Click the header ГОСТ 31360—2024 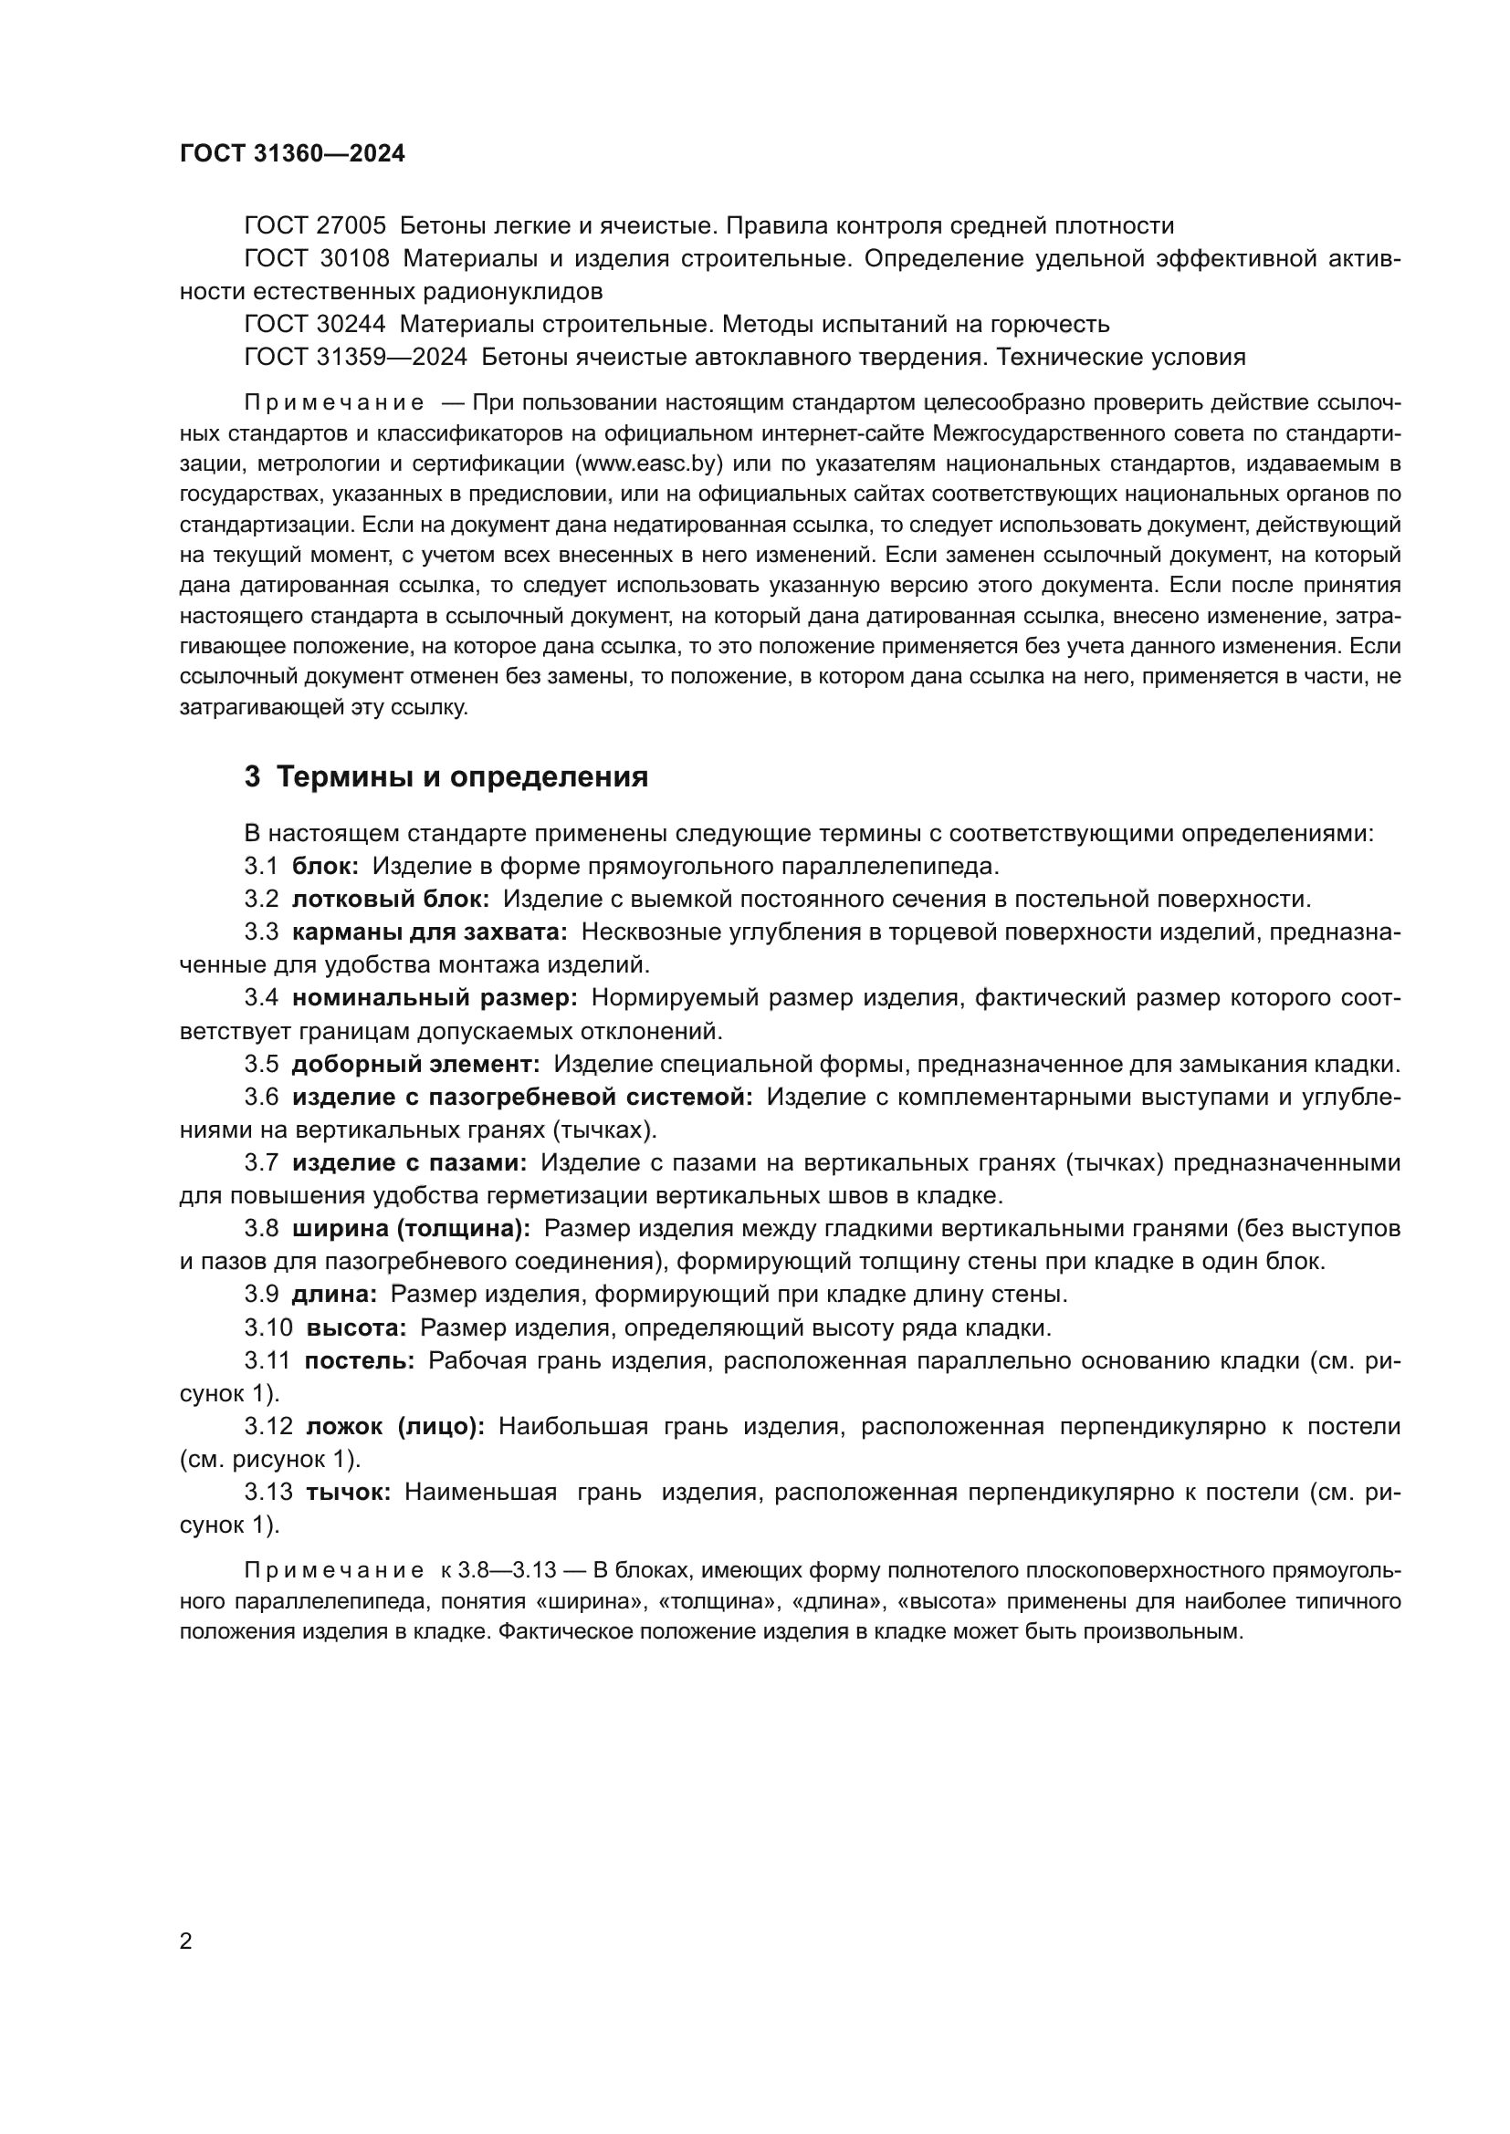[x=292, y=154]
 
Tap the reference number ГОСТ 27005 [x=314, y=226]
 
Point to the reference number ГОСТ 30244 [x=314, y=325]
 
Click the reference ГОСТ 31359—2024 [x=355, y=357]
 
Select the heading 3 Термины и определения [x=446, y=777]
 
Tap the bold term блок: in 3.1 [x=325, y=866]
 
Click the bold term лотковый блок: [x=391, y=899]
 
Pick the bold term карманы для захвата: [x=430, y=932]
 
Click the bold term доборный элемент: [x=415, y=1064]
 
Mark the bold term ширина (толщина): [x=411, y=1229]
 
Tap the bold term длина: [x=334, y=1294]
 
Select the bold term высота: [x=356, y=1327]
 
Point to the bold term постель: [x=360, y=1360]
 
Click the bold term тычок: [x=349, y=1493]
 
